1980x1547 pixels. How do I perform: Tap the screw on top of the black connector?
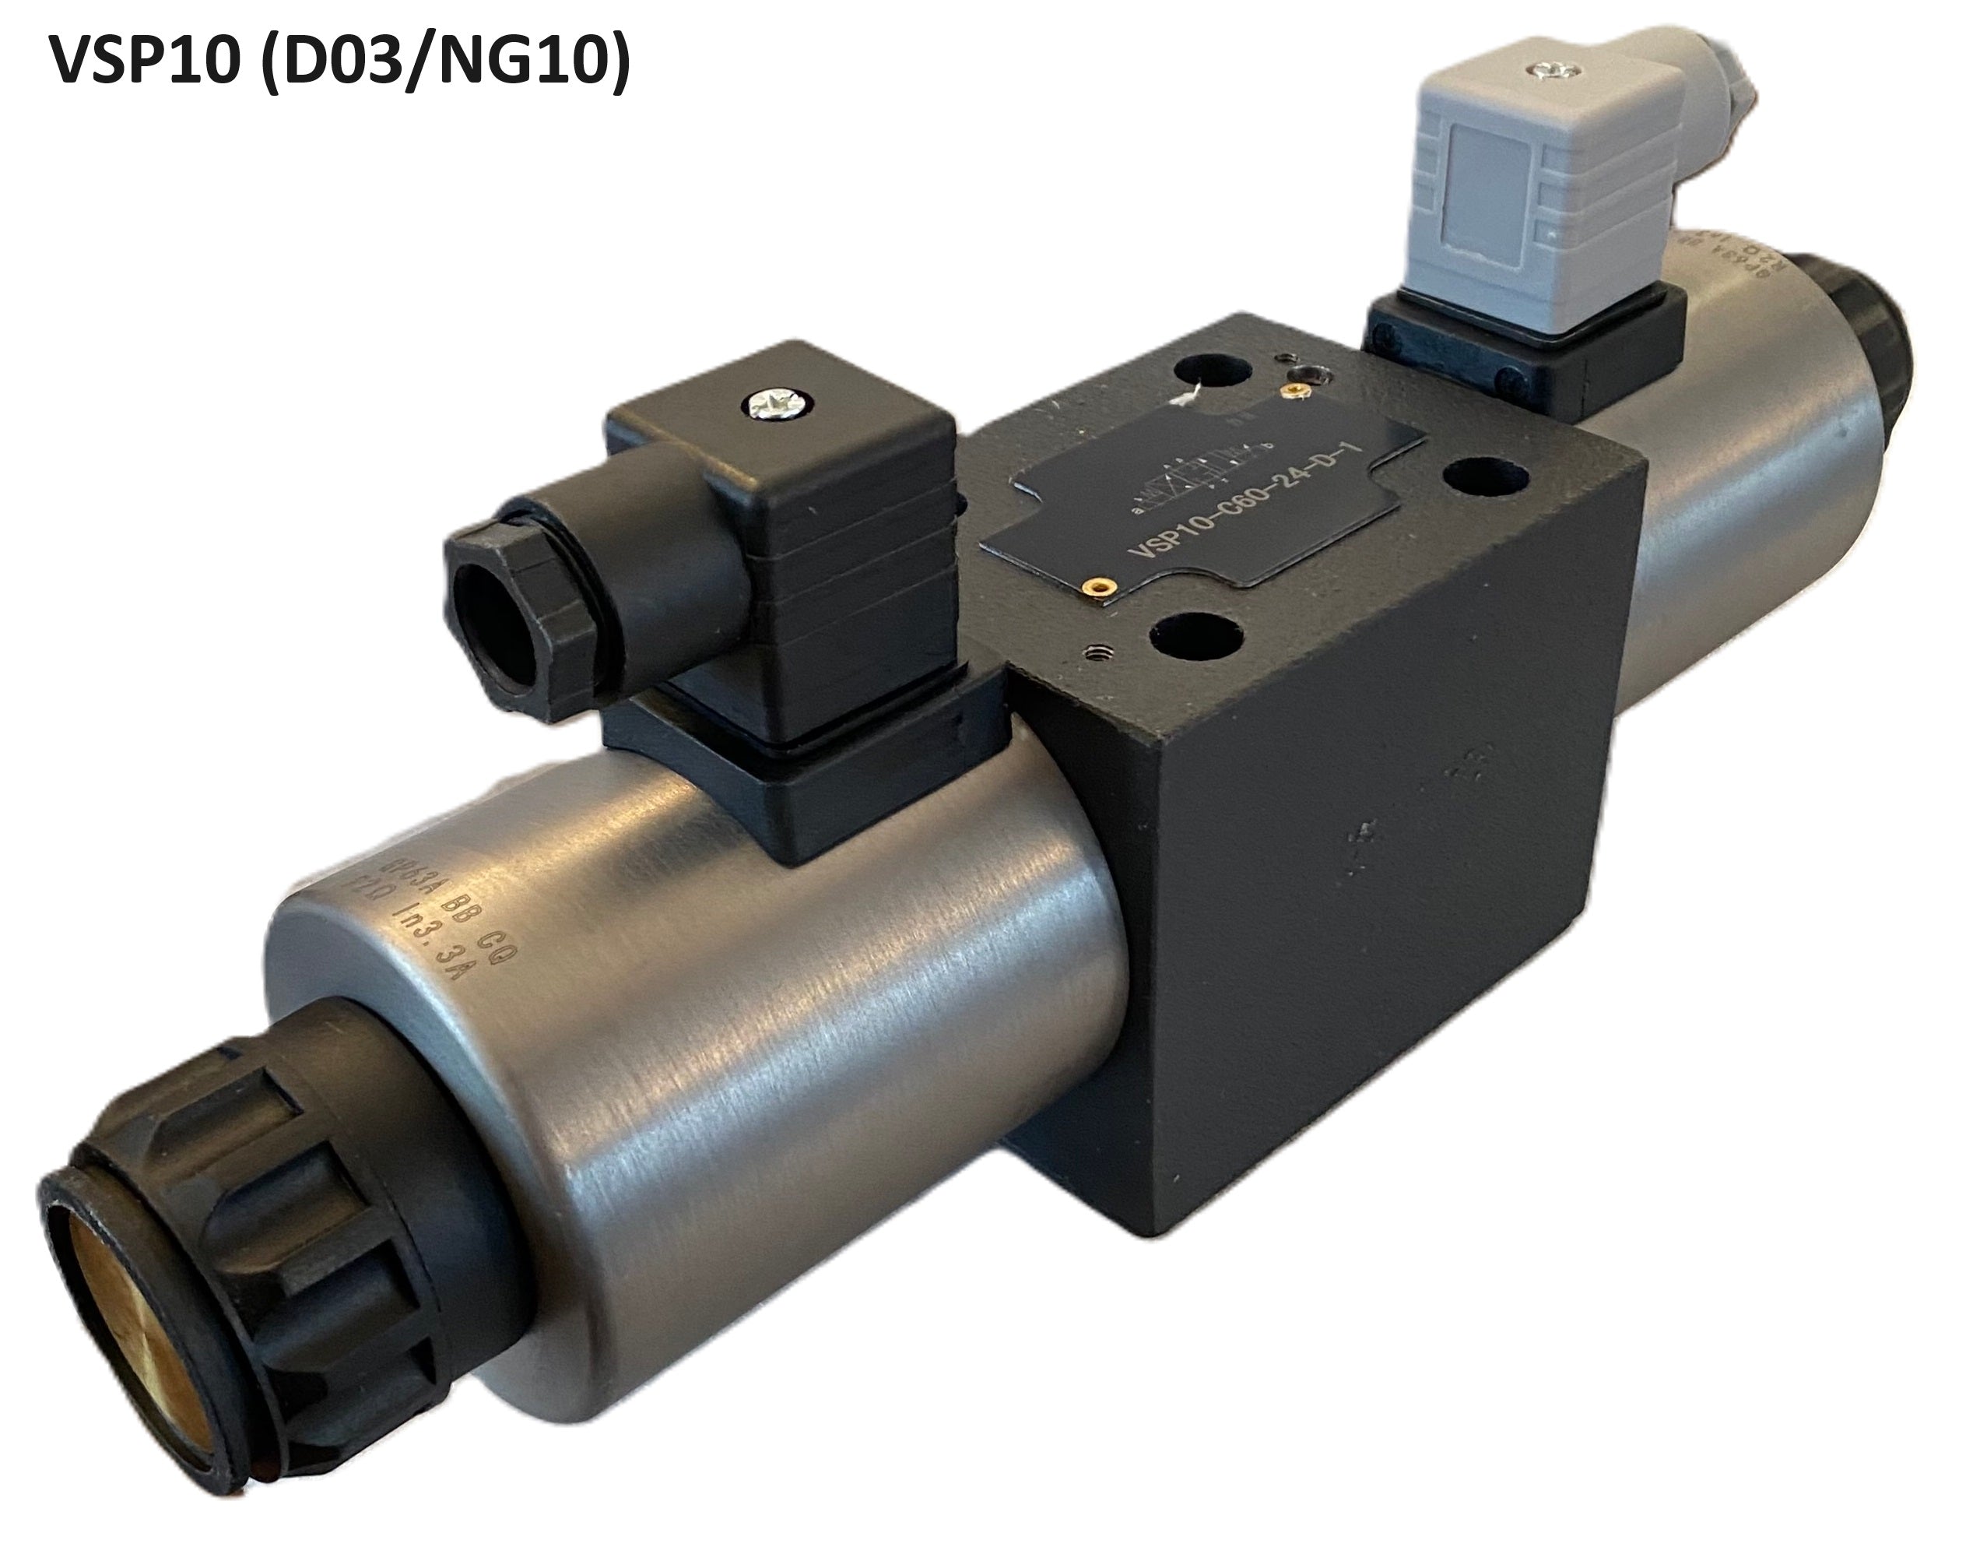(x=778, y=403)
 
